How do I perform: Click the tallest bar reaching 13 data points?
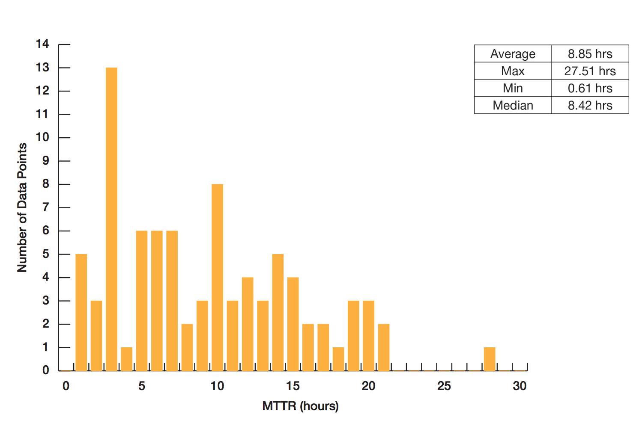[111, 219]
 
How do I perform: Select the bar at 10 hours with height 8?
[217, 278]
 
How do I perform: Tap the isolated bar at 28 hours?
[490, 359]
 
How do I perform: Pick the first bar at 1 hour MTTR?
[81, 312]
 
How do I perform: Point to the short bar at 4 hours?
[127, 359]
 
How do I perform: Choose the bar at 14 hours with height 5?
[278, 312]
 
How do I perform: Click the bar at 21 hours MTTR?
[383, 347]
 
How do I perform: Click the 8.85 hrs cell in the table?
[590, 53]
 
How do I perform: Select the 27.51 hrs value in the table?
[590, 71]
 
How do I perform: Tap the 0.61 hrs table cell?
[590, 88]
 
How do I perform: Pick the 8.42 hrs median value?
[590, 105]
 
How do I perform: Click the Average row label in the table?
[513, 54]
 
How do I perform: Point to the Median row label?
[513, 105]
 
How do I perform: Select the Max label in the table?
[513, 71]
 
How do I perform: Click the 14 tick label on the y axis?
[42, 44]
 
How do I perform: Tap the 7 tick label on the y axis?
[45, 207]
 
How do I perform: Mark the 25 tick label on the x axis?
[444, 386]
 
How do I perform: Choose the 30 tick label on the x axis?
[520, 386]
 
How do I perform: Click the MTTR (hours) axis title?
[300, 406]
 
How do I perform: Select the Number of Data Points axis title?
[22, 207]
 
